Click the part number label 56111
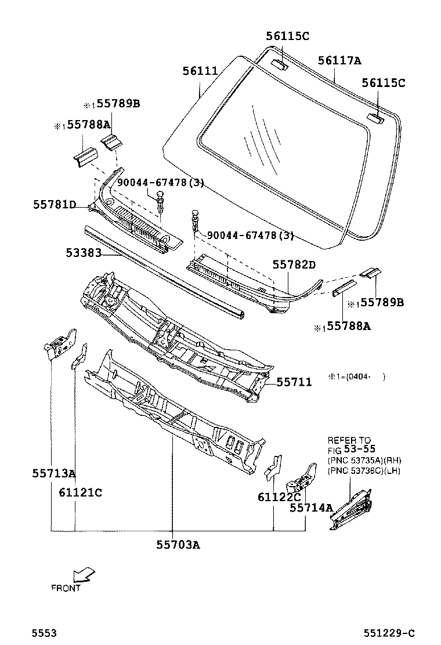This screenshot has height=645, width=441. pos(200,72)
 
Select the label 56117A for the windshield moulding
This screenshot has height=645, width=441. pos(339,61)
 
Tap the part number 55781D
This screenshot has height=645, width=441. pos(54,204)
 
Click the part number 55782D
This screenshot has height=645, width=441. pos(294,265)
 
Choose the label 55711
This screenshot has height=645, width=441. pos(294,382)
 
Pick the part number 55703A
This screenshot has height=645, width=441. pos(178,544)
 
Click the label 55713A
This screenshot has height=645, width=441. pos(53,473)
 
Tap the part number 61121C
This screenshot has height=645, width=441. pos(80,492)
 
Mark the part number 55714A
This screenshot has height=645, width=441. pos(311,508)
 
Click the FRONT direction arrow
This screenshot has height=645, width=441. pos(84,574)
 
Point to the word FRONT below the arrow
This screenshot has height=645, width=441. pos(66,588)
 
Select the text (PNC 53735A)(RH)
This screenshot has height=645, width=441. pos(364,460)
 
